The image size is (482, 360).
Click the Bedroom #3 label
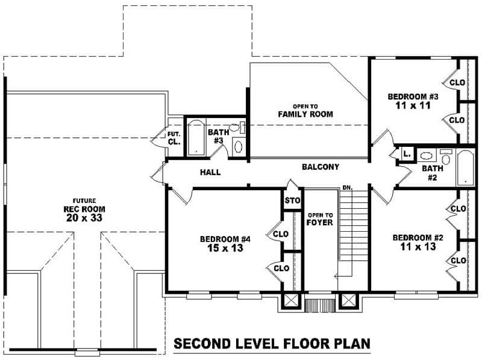coord(413,96)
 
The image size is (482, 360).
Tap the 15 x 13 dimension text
coord(225,248)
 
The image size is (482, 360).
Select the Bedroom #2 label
coord(418,237)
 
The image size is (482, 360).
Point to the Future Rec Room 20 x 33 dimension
coord(84,218)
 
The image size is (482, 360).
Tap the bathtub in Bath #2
coord(465,167)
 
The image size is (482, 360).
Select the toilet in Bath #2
coord(445,157)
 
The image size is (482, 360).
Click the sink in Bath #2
coord(426,155)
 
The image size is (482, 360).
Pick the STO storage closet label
coord(292,200)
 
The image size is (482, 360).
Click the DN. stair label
coord(348,187)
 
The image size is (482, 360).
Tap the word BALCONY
coord(321,167)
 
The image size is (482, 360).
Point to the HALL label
coord(210,172)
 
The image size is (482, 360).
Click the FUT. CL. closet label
coord(174,138)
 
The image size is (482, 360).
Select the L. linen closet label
coord(407,154)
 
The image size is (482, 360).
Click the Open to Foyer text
coord(320,219)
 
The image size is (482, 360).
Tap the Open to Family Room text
coord(305,111)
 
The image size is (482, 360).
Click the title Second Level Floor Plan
coord(272,344)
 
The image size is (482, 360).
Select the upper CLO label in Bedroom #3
coord(457,82)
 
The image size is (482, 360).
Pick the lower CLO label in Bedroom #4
coord(281,268)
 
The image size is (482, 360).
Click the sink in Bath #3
coord(239,146)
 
